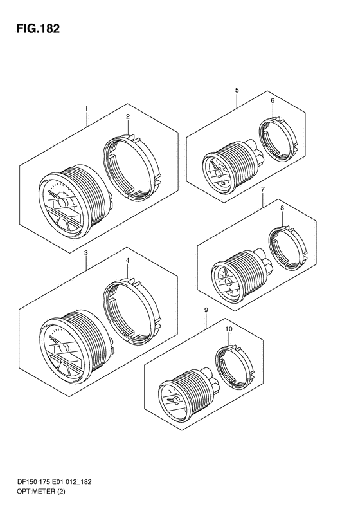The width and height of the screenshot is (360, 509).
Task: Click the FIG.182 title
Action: (x=39, y=29)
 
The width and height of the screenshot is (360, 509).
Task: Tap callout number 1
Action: (x=86, y=108)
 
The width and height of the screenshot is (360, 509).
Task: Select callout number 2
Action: (x=128, y=116)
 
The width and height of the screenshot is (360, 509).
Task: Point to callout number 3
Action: (x=85, y=252)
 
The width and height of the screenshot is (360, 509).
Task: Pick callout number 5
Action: (x=237, y=90)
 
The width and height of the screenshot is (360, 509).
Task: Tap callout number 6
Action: (x=273, y=100)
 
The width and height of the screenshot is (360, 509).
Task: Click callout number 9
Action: (x=206, y=310)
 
